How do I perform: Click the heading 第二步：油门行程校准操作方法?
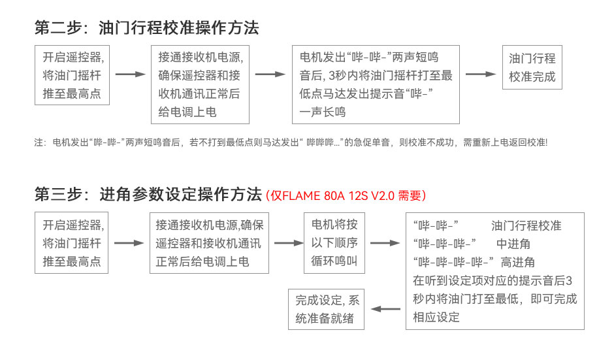click(x=147, y=28)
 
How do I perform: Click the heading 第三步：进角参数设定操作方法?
click(x=148, y=194)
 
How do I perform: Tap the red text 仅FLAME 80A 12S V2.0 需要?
click(x=346, y=195)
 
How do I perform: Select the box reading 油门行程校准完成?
click(x=532, y=67)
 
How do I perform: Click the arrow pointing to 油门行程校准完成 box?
click(x=481, y=74)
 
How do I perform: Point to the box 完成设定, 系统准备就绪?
click(x=326, y=310)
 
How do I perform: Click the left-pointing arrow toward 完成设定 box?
click(x=385, y=309)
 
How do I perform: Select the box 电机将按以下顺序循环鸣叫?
click(x=334, y=243)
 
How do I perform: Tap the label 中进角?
click(x=513, y=244)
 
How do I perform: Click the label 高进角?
click(x=518, y=262)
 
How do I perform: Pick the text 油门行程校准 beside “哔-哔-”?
click(x=526, y=225)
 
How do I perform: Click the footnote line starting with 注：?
click(x=291, y=142)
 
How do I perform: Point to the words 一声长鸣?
click(x=323, y=112)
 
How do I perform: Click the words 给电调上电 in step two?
click(x=187, y=112)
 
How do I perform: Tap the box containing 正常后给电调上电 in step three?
click(x=209, y=243)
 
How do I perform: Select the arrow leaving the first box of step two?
click(x=131, y=74)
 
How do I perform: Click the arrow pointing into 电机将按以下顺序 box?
click(x=289, y=243)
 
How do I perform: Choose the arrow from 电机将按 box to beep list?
click(x=385, y=243)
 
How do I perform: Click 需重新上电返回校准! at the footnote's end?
click(x=505, y=142)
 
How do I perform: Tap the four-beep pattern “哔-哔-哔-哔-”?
click(x=453, y=262)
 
